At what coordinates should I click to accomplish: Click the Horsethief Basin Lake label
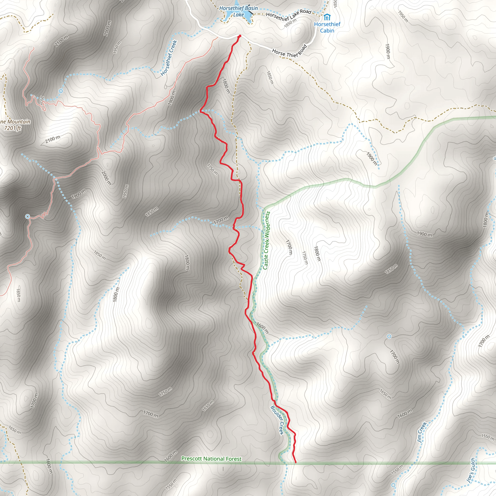(238, 11)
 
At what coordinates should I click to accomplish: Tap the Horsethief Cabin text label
(327, 27)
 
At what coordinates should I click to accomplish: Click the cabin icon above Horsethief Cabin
(326, 17)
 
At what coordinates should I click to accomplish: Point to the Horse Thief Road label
(289, 52)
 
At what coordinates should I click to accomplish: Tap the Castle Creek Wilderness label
(266, 240)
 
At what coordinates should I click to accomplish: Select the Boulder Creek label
(277, 420)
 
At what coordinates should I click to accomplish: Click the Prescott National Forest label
(211, 458)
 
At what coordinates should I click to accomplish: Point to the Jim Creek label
(422, 432)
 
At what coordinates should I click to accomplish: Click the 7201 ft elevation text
(13, 128)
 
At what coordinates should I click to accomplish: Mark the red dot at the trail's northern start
(240, 36)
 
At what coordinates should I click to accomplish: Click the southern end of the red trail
(296, 462)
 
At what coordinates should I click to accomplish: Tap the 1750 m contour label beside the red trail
(213, 170)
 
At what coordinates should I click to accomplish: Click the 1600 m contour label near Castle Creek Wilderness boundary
(262, 328)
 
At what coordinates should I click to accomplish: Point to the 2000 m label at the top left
(108, 28)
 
